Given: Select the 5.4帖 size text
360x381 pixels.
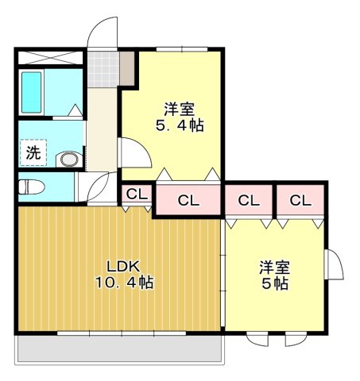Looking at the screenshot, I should pyautogui.click(x=179, y=125).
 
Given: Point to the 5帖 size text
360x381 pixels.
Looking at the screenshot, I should pyautogui.click(x=273, y=283).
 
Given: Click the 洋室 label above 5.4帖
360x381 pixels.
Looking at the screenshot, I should pyautogui.click(x=179, y=108).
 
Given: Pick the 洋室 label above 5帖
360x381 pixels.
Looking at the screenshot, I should pyautogui.click(x=273, y=267).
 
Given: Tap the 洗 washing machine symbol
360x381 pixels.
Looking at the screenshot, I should pyautogui.click(x=33, y=153).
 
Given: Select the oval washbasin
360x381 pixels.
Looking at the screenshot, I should pyautogui.click(x=70, y=160).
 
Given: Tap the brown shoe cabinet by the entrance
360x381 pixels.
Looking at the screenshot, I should pyautogui.click(x=128, y=68).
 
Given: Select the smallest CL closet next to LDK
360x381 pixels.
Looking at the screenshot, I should pyautogui.click(x=136, y=194).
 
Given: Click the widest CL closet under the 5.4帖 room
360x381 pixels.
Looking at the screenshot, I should pyautogui.click(x=188, y=200).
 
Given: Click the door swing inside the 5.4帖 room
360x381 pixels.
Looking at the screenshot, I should pyautogui.click(x=134, y=152).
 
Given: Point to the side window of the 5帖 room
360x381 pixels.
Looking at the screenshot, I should pyautogui.click(x=334, y=264).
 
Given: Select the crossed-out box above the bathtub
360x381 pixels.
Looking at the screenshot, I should pyautogui.click(x=49, y=58).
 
